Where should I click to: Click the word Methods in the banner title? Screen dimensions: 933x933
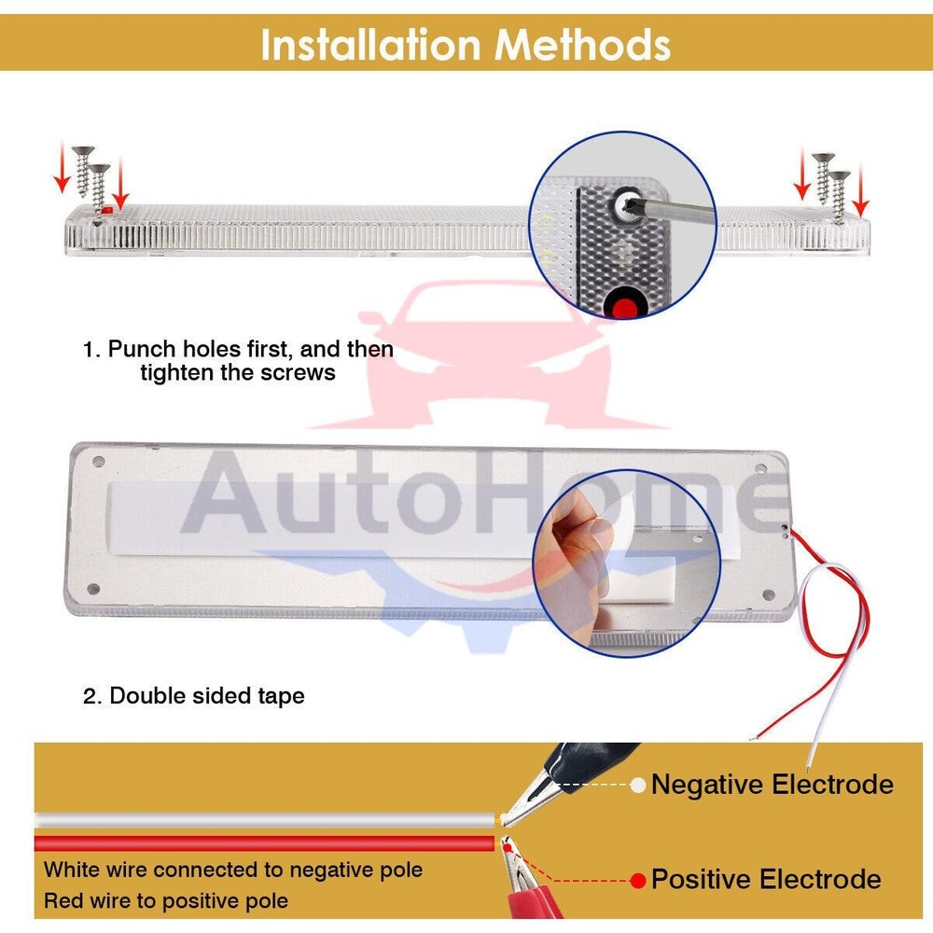[x=583, y=45]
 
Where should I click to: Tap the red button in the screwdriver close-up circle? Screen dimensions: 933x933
[x=624, y=306]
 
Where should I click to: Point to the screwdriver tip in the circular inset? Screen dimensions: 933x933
[x=626, y=206]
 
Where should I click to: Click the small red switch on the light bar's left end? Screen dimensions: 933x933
[x=107, y=210]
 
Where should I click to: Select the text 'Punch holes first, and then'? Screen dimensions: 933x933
[x=250, y=349]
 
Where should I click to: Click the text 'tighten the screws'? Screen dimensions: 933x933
[x=238, y=373]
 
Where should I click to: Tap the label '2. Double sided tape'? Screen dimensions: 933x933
[x=194, y=696]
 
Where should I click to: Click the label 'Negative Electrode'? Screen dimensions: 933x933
[x=773, y=785]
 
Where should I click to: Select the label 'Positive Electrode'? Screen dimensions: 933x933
[x=766, y=879]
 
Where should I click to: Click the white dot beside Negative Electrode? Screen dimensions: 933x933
[x=638, y=786]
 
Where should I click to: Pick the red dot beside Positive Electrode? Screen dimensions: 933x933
[x=638, y=881]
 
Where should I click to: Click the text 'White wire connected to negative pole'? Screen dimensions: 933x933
[x=233, y=870]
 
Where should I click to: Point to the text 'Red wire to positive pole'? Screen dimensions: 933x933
[x=166, y=900]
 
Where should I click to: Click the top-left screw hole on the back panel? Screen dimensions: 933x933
[x=99, y=461]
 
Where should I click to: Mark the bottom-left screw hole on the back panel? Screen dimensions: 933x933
[x=93, y=589]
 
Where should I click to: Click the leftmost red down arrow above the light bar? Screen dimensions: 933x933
[x=62, y=167]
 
